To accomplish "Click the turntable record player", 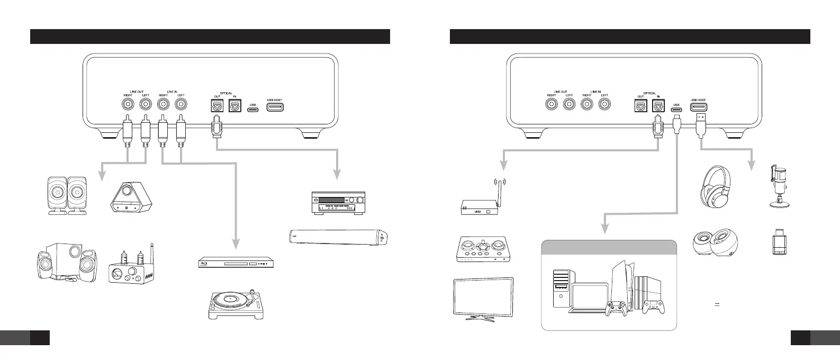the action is (237, 304).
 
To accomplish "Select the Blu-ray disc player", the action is (237, 263).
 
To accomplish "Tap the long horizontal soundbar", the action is (340, 236).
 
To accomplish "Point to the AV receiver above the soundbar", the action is (337, 202).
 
